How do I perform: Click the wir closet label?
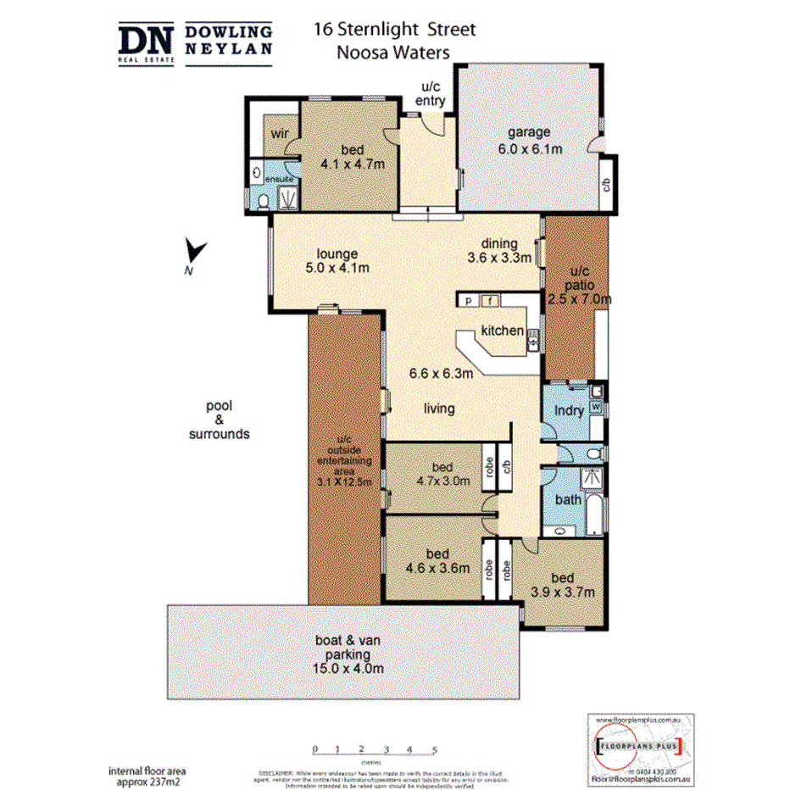[x=279, y=133]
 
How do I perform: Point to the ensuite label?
[x=279, y=180]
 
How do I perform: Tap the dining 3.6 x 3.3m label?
[x=499, y=250]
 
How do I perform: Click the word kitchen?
[x=502, y=331]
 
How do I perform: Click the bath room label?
[x=568, y=499]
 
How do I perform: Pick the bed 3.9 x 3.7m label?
[x=561, y=584]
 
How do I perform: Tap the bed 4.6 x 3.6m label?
[x=437, y=561]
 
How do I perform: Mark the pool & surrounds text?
[x=219, y=420]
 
